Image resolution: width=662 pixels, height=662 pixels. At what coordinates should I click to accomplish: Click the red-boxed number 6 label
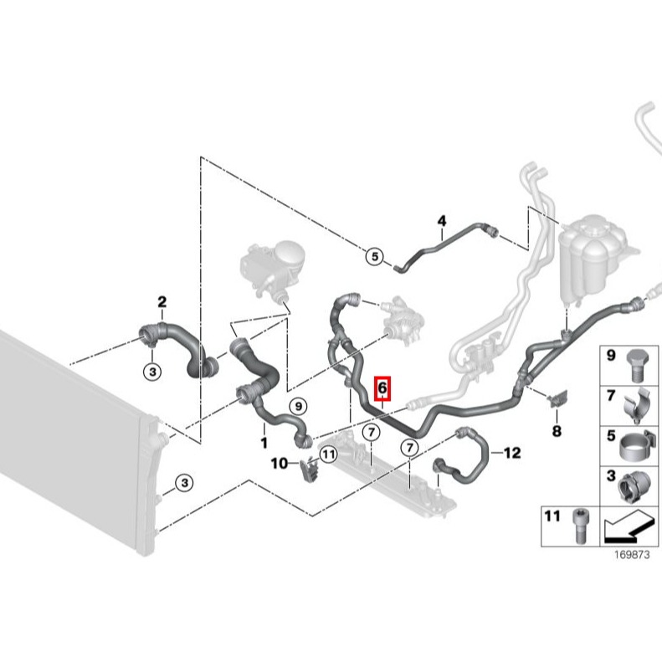pos(383,388)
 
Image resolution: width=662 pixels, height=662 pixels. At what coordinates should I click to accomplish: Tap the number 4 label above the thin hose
pos(442,221)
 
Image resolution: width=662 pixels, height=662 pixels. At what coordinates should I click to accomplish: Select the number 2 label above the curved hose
pos(162,302)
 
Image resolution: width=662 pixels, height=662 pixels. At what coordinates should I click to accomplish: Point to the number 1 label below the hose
pos(264,443)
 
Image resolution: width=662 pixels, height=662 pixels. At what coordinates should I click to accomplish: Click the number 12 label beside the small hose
pos(512,453)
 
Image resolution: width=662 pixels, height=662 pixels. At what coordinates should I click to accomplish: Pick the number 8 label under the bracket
pos(557,431)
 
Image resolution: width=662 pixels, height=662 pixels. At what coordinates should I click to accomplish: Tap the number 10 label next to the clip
pos(279,464)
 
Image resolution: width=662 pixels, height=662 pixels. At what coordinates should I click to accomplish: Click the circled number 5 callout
pos(375,256)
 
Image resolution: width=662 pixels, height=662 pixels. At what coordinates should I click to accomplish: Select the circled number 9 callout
pos(299,407)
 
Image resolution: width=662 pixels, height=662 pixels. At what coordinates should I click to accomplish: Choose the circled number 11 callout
pos(328,454)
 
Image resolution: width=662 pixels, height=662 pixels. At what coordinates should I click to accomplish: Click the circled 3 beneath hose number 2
pos(152,372)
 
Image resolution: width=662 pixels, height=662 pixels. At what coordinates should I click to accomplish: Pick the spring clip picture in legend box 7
pos(639,406)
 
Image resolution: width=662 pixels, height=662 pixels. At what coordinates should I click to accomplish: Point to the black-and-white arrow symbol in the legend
pos(628,527)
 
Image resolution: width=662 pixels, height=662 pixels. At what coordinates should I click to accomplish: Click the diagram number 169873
pos(632,554)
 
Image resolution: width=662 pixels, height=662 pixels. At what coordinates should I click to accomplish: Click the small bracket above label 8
pos(557,398)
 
